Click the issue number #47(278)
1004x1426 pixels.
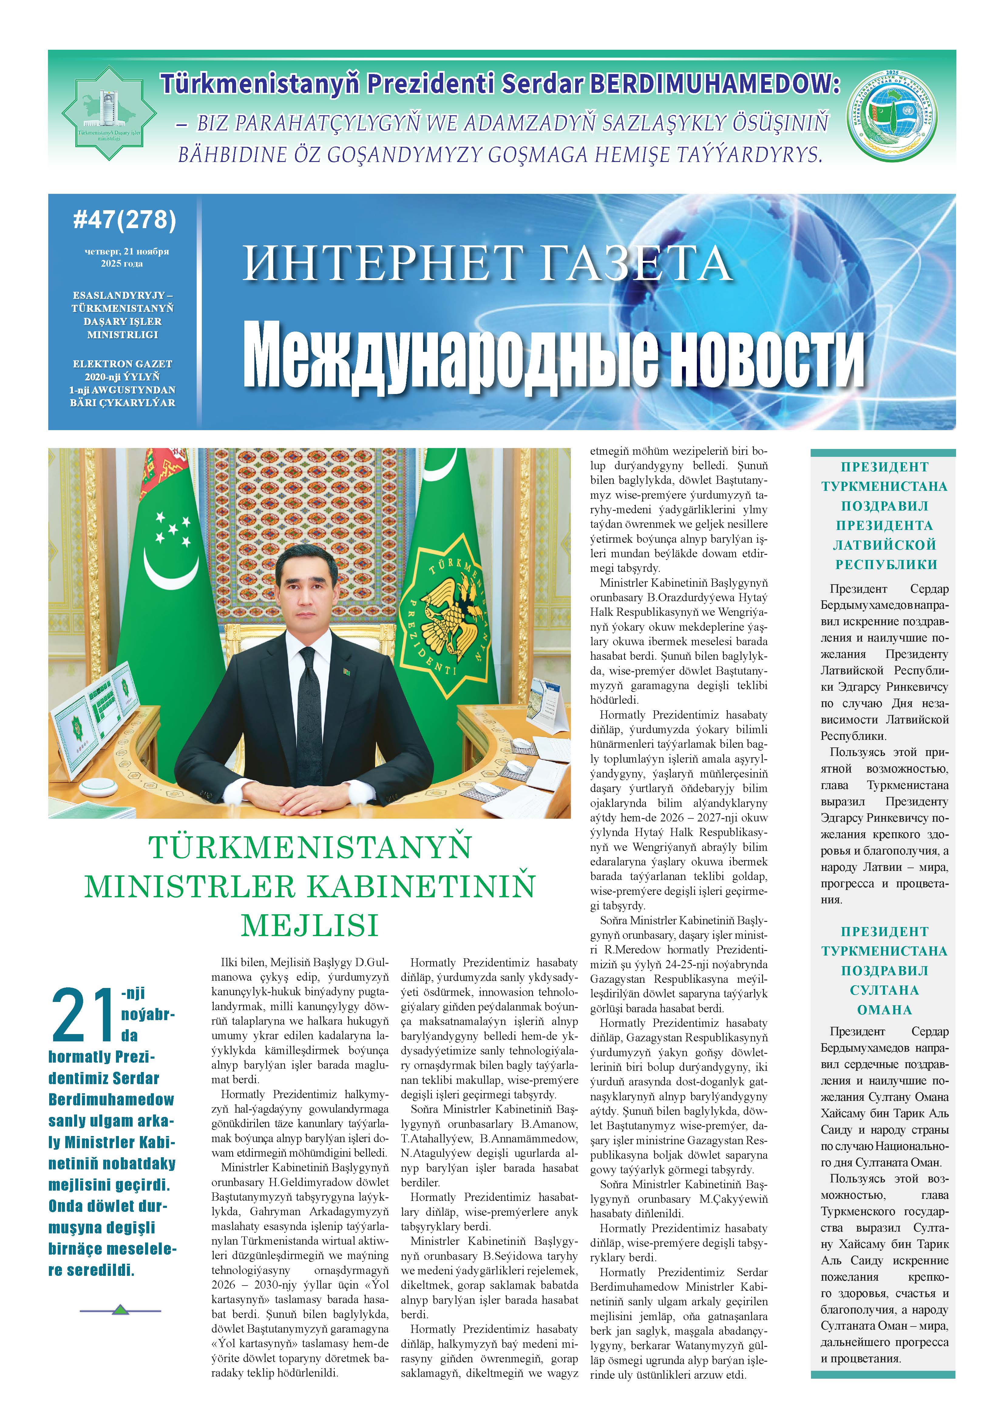click(x=124, y=220)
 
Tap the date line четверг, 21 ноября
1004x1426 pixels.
click(x=127, y=251)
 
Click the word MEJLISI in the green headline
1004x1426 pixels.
click(x=309, y=925)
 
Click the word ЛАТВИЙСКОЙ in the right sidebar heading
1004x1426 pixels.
click(x=884, y=545)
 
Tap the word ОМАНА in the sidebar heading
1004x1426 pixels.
click(x=884, y=1009)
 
